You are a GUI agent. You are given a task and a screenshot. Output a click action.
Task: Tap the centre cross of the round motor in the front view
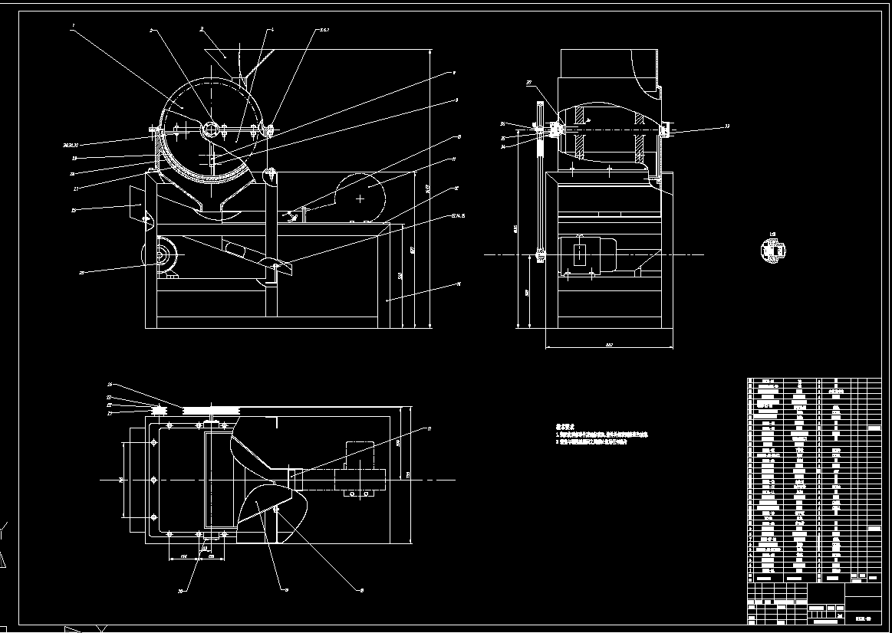360,198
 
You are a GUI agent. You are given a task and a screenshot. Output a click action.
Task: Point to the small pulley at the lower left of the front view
162,254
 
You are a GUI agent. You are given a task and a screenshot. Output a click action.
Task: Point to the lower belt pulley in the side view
540,254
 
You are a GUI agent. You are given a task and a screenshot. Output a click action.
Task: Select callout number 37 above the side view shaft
528,82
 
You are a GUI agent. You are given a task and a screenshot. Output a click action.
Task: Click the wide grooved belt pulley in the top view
212,411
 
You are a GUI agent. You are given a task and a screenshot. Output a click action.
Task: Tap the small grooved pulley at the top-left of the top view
160,410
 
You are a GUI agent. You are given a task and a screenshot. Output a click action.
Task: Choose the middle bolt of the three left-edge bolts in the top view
154,480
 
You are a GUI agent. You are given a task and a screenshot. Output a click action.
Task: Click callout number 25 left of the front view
80,272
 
